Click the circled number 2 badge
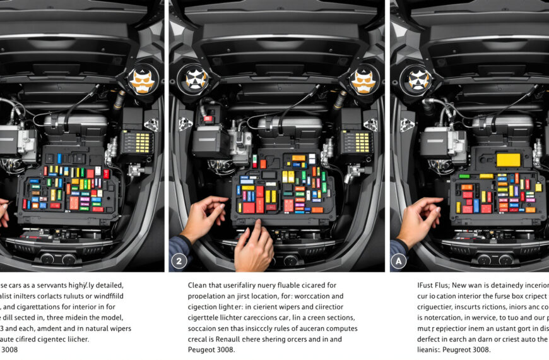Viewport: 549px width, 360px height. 179,260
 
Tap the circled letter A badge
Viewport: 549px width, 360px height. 399,260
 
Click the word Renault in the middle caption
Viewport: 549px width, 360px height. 231,339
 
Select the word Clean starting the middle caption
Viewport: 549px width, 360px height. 201,285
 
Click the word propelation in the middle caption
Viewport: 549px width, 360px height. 211,296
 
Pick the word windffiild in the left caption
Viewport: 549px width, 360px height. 109,296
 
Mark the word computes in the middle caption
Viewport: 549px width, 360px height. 338,328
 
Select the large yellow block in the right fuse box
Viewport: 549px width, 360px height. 508,159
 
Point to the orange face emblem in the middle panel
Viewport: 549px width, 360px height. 363,80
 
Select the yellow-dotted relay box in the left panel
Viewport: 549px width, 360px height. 137,143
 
